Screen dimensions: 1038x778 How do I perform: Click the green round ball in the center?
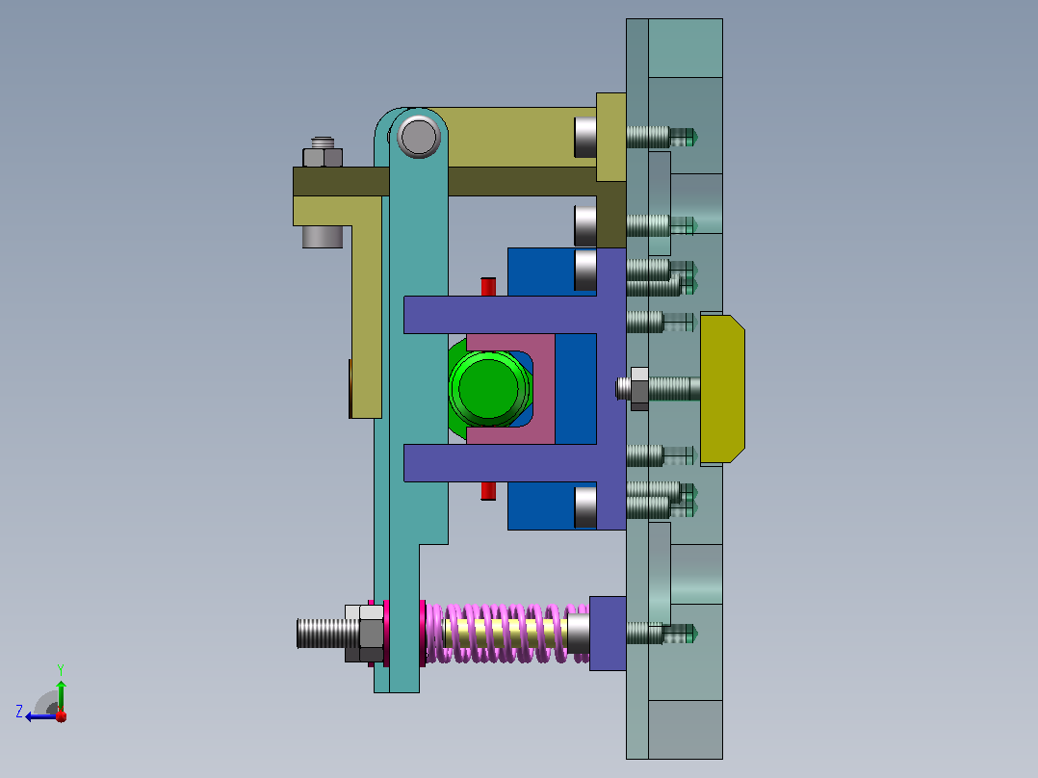pos(488,388)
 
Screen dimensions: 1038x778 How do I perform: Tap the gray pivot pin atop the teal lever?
pos(418,137)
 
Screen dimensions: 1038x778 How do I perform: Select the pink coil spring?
pos(506,633)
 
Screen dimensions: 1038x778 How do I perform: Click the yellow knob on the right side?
pos(722,389)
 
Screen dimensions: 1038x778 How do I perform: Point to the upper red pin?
pos(488,287)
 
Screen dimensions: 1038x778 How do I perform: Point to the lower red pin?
pos(488,491)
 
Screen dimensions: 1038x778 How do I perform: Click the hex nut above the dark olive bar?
pos(323,157)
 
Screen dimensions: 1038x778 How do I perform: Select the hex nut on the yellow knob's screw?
pos(639,389)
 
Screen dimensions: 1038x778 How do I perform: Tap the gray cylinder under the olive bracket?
pos(323,236)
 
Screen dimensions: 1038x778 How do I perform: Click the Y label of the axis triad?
pos(61,669)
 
